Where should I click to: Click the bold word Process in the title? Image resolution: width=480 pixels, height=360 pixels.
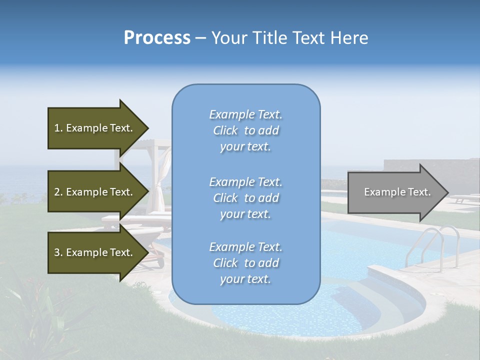(157, 38)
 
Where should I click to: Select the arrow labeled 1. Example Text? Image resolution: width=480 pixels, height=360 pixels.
(95, 128)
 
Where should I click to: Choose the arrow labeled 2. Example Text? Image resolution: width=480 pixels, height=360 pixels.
(95, 192)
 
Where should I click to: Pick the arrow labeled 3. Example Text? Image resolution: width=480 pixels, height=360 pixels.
(95, 252)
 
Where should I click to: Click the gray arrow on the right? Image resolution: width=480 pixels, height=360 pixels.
(390, 192)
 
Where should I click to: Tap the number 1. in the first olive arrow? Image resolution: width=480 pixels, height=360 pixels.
(58, 128)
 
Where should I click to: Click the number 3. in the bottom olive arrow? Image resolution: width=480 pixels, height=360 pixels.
(58, 252)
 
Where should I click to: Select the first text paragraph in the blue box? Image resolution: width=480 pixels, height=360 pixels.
(245, 130)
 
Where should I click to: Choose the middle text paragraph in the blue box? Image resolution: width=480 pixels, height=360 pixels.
(245, 198)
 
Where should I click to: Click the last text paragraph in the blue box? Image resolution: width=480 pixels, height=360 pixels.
(245, 263)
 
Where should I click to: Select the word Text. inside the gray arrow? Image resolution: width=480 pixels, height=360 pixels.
(417, 192)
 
